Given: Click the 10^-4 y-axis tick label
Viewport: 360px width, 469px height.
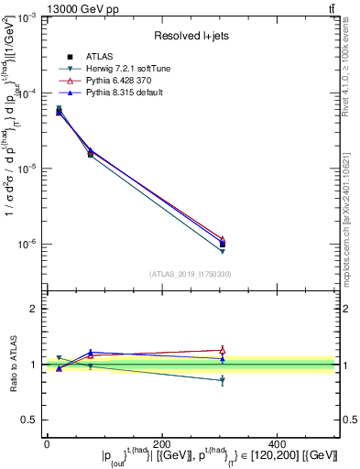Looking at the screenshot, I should click(x=27, y=93).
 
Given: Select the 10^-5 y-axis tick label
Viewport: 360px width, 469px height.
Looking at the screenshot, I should click(x=27, y=169).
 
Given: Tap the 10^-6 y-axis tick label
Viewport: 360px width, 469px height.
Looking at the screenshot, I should click(x=27, y=244).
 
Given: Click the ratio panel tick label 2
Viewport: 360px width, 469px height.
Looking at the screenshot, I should click(x=33, y=310).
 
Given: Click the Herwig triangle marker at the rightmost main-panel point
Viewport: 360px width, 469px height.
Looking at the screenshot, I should click(x=223, y=251).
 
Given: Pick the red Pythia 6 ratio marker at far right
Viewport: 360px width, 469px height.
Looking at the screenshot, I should click(x=223, y=350).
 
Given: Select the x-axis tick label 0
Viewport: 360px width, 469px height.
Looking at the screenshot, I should click(x=47, y=444).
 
